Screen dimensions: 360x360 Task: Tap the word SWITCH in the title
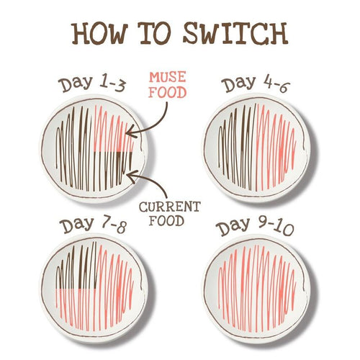click(235, 33)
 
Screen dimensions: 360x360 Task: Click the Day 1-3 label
click(92, 84)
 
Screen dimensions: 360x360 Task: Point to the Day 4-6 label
click(256, 84)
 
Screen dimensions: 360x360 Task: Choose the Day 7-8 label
click(93, 225)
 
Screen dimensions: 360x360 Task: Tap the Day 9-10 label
click(255, 226)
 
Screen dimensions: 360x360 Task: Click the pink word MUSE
click(167, 77)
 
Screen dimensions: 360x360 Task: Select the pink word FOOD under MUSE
click(167, 92)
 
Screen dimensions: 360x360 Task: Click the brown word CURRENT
click(170, 207)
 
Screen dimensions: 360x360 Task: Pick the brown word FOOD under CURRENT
click(166, 221)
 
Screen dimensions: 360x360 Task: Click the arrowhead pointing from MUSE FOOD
click(130, 132)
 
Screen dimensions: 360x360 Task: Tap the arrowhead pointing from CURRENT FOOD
click(132, 176)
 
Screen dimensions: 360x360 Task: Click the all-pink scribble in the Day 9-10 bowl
click(257, 288)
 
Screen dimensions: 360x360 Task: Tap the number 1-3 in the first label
click(112, 84)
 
